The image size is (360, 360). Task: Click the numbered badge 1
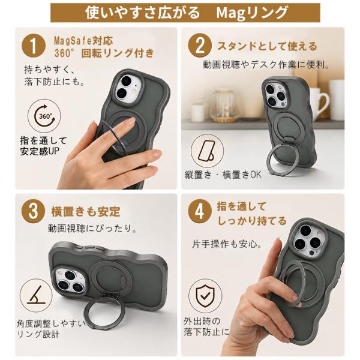[x=34, y=45]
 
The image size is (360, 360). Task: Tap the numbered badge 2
[x=200, y=45]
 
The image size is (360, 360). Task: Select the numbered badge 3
[x=33, y=211]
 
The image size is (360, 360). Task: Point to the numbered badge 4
[x=200, y=211]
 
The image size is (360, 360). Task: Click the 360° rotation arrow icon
[x=44, y=116]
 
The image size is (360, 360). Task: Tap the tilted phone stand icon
[x=207, y=151]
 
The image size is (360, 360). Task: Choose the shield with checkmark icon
[x=205, y=296]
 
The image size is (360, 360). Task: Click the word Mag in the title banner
[x=231, y=13]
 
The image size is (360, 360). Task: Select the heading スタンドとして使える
[x=267, y=46]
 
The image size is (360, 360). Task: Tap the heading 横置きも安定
[x=86, y=211]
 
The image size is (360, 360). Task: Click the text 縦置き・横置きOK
[x=223, y=175]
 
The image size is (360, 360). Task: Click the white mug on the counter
[x=319, y=104]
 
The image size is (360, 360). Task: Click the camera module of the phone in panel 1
[x=128, y=88]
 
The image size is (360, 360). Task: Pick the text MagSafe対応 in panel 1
[x=83, y=41]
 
